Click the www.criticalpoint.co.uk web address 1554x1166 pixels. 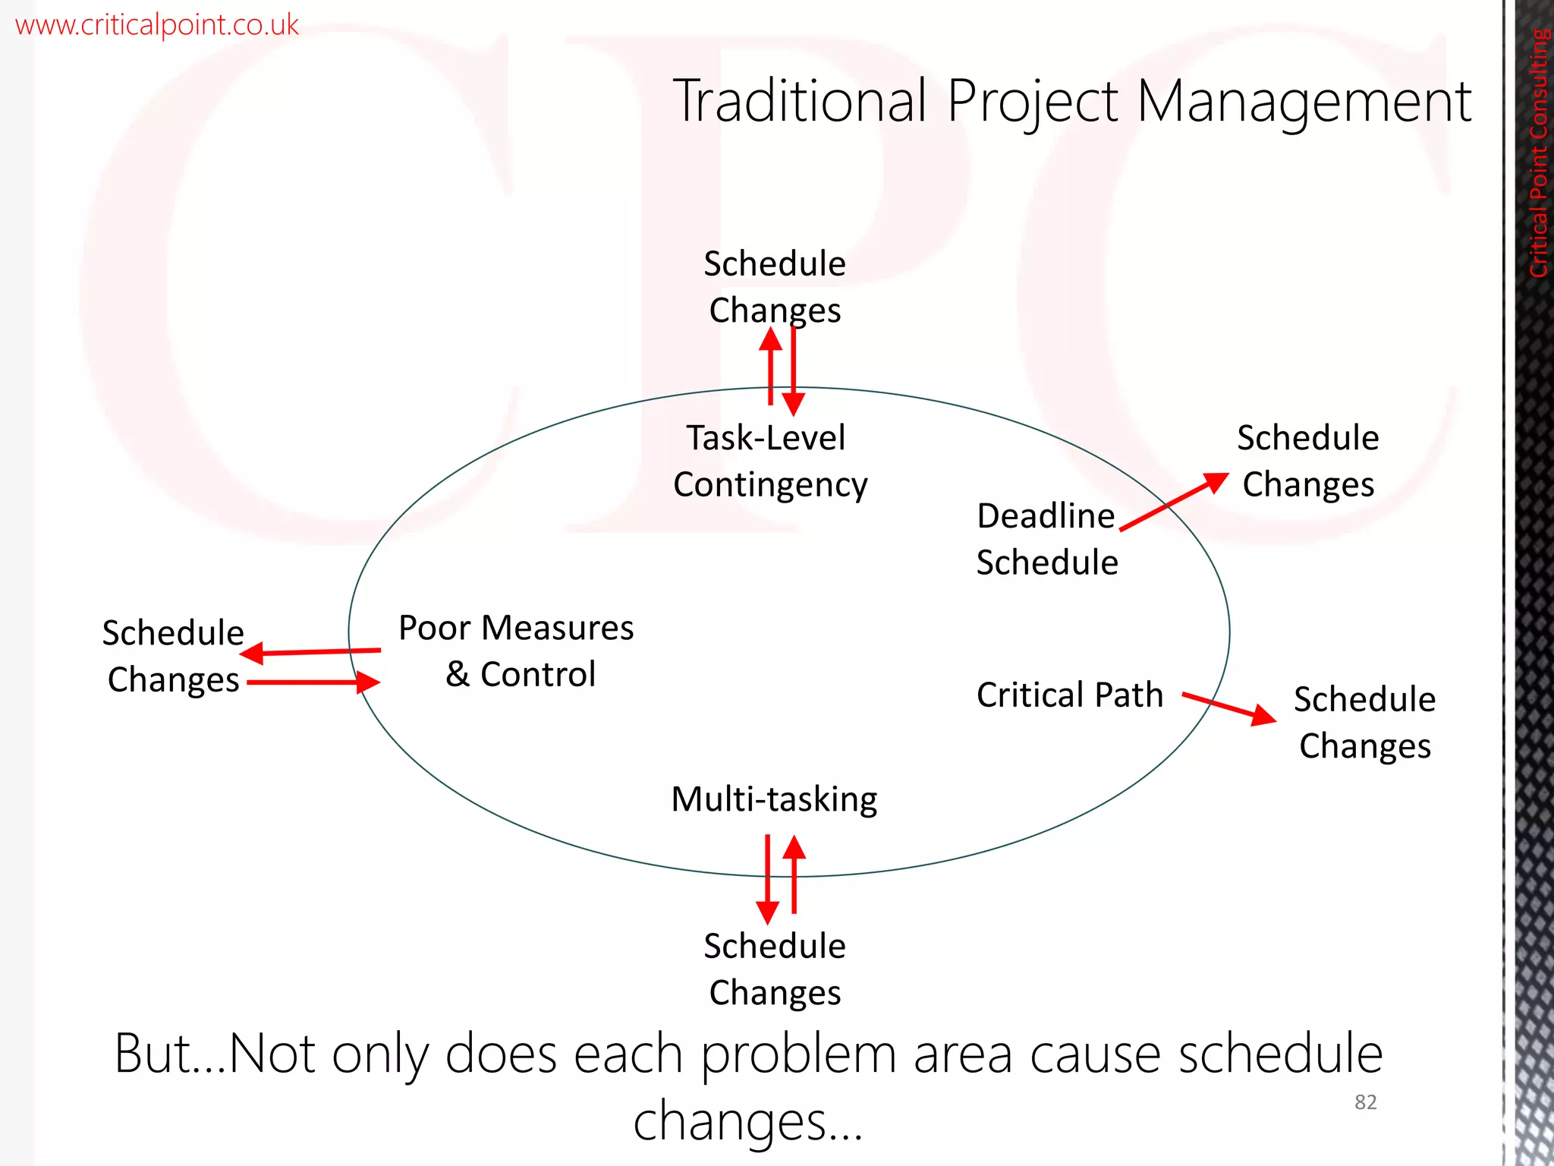tap(157, 25)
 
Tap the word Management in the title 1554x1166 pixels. tap(1304, 102)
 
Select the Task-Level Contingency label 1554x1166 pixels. tap(769, 461)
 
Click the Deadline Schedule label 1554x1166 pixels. tap(1046, 539)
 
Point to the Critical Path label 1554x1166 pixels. tap(1069, 695)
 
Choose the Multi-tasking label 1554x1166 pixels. tap(774, 799)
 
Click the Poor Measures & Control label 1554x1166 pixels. tap(517, 651)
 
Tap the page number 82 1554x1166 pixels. tap(1365, 1102)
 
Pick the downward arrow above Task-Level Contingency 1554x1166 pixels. tap(794, 372)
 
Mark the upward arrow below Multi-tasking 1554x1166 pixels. tap(794, 873)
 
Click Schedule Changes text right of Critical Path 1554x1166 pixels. tap(1364, 722)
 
